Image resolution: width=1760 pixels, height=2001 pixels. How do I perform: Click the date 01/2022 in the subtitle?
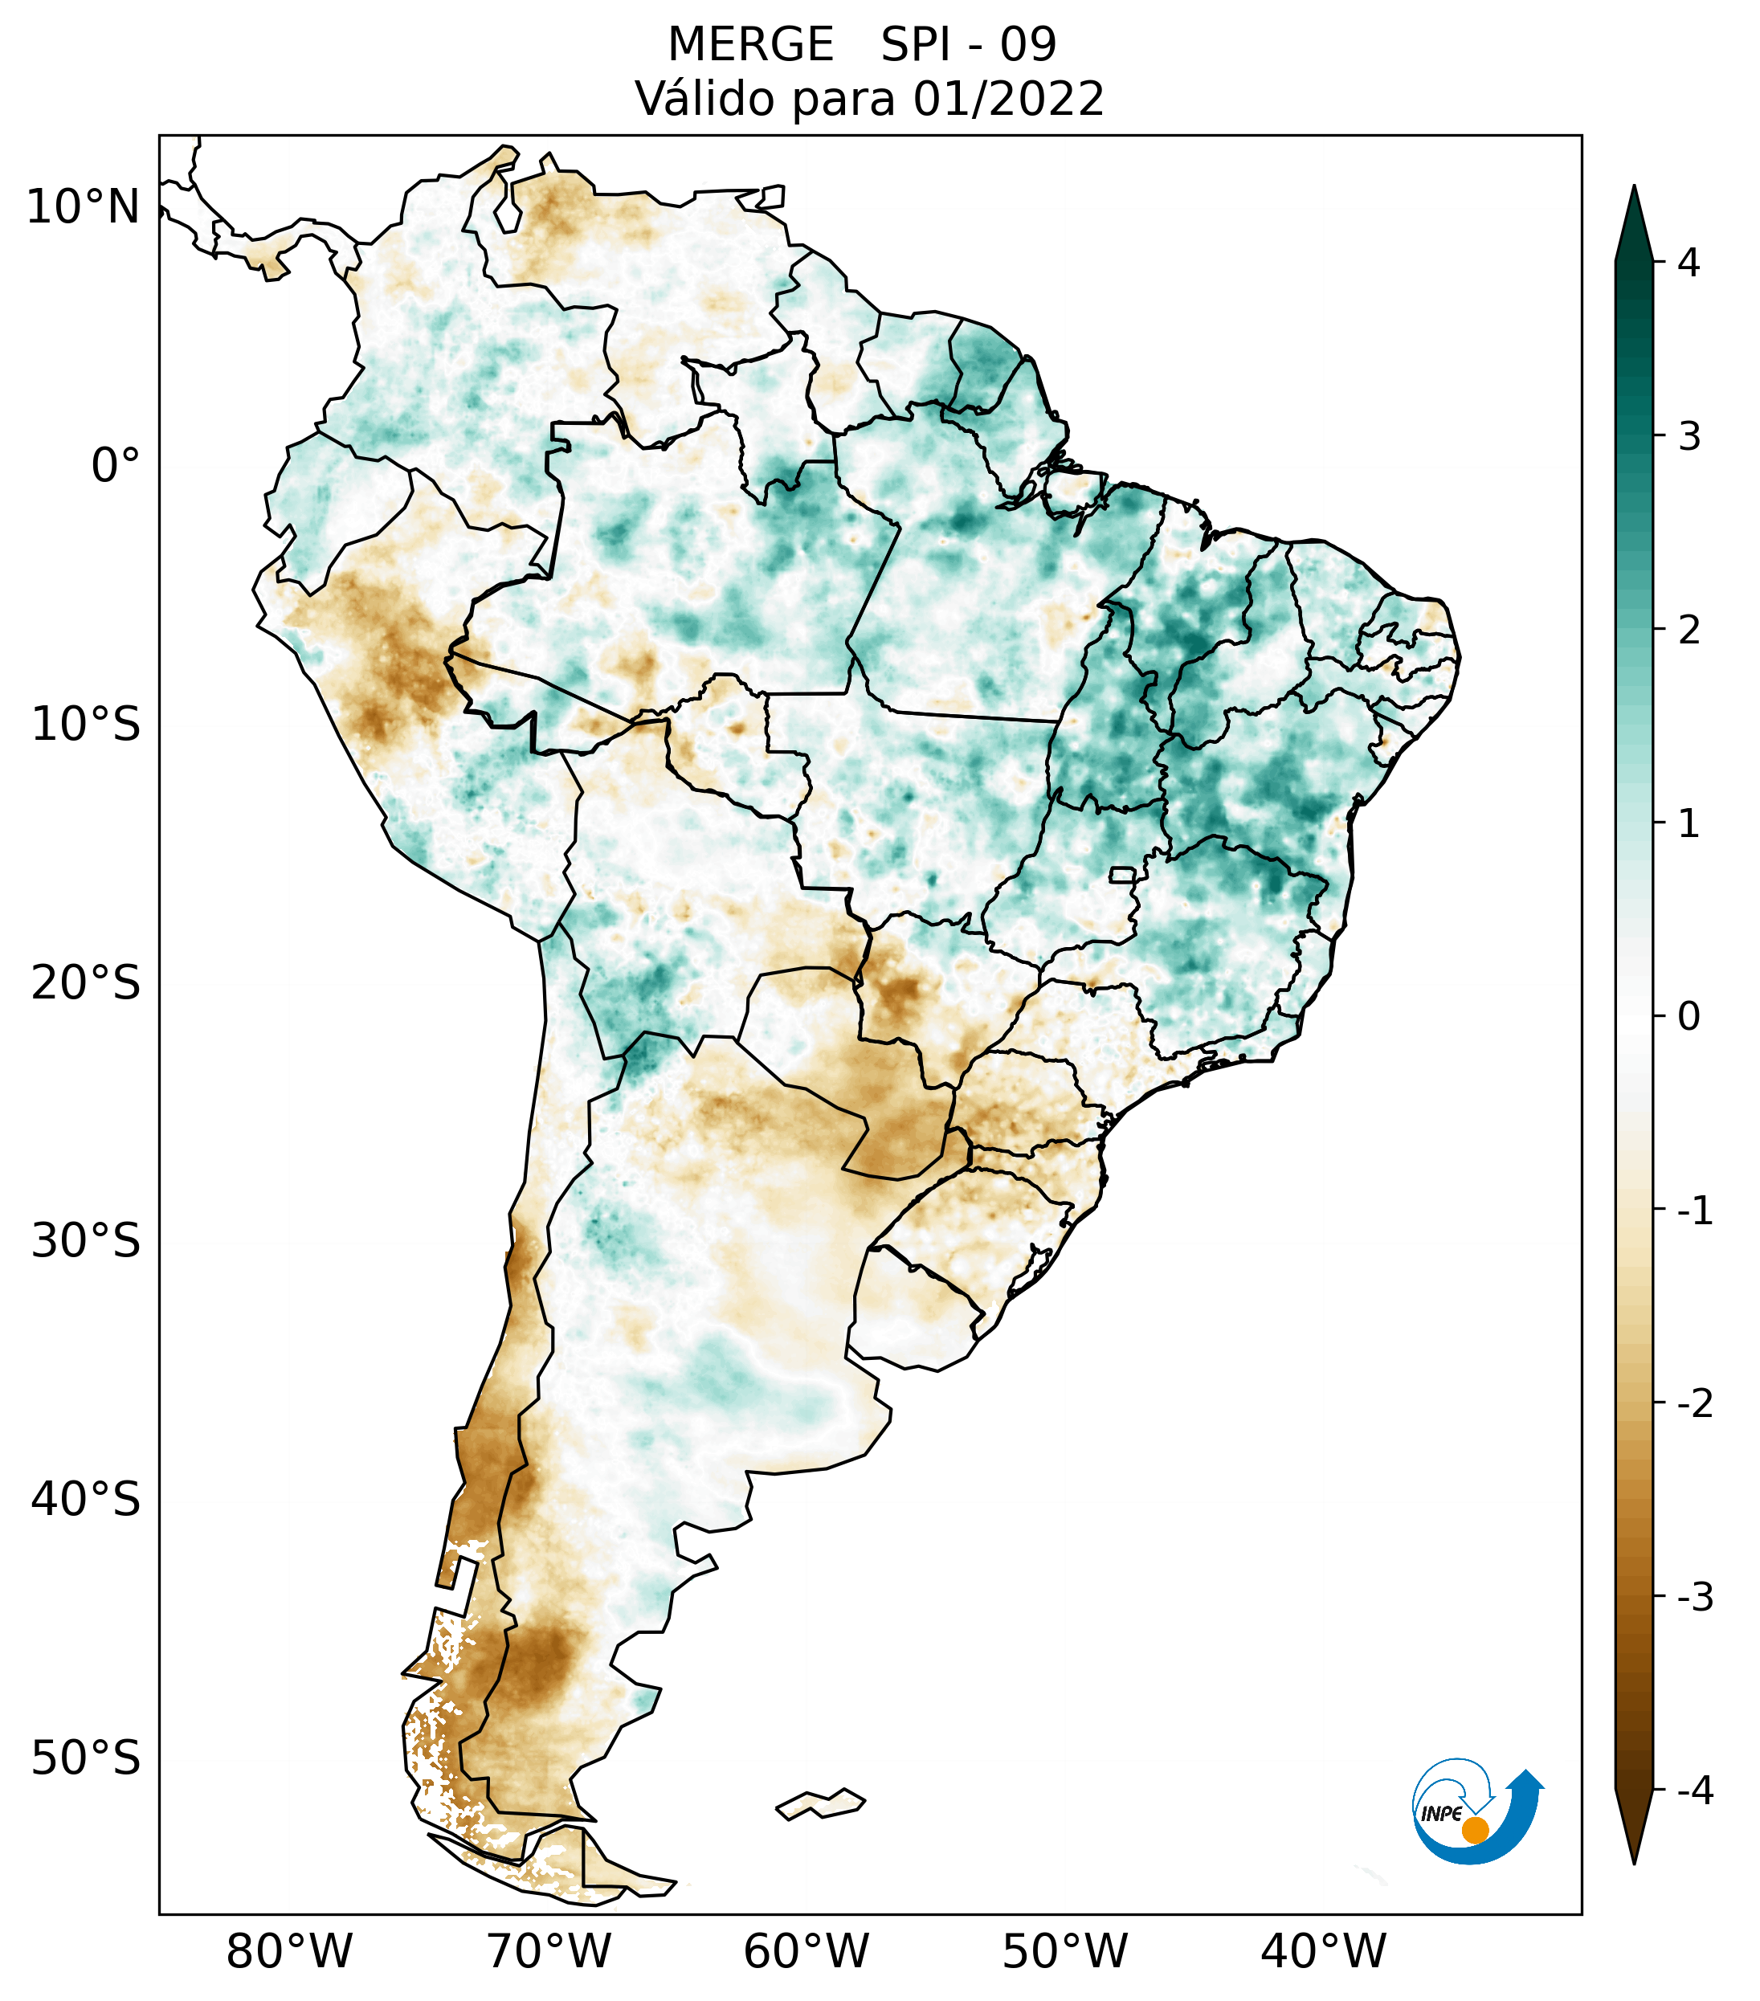coord(1008,99)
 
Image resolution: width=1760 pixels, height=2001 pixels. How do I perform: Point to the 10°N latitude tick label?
coord(84,207)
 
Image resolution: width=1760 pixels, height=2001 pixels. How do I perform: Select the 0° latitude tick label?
coord(115,465)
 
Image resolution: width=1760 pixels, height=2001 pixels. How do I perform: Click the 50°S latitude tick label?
coord(86,1758)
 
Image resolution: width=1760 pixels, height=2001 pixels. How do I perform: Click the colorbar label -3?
coord(1694,1597)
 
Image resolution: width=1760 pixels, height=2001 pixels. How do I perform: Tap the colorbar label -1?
coord(1694,1211)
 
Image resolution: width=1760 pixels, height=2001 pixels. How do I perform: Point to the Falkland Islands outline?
coord(820,1803)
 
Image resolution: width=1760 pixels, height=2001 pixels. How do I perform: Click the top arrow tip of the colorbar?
coord(1634,188)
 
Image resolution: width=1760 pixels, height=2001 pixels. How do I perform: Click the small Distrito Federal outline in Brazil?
coord(1123,874)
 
